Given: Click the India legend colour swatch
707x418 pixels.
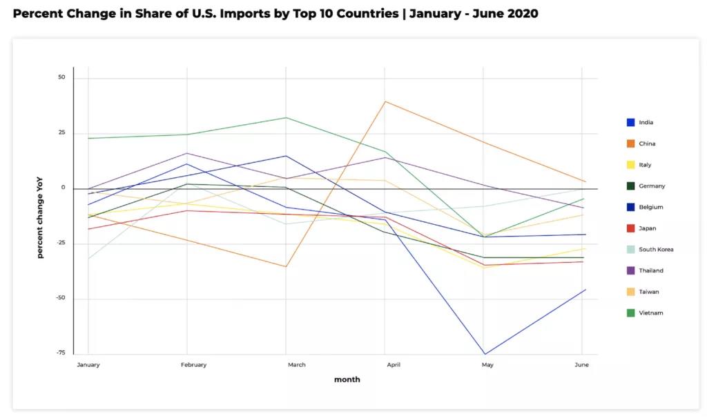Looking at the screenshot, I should (x=630, y=123).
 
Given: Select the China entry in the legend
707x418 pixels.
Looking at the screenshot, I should (x=647, y=144).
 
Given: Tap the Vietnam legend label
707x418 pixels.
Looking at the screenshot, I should (x=650, y=313).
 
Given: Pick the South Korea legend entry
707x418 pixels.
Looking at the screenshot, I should (x=656, y=250).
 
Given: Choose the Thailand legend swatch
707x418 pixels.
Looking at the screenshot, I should (x=630, y=271).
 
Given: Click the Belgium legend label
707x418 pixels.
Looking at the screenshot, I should (x=651, y=208).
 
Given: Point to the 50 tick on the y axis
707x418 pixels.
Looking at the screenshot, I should (x=61, y=77).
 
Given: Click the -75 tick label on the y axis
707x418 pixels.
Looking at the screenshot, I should (x=60, y=353).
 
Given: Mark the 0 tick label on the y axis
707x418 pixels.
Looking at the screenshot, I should (x=63, y=188).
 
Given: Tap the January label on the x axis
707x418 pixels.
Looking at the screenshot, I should (x=88, y=365).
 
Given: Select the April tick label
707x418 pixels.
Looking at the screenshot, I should (x=393, y=365).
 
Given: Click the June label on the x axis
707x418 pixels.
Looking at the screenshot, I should (x=581, y=365).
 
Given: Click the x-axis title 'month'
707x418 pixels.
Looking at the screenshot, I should (x=347, y=379).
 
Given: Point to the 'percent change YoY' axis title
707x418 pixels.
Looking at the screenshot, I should (x=40, y=217).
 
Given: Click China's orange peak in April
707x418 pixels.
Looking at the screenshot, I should (x=385, y=101).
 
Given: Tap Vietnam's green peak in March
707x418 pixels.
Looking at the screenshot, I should (x=286, y=117).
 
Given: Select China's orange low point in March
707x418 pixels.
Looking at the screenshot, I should (x=286, y=267).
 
